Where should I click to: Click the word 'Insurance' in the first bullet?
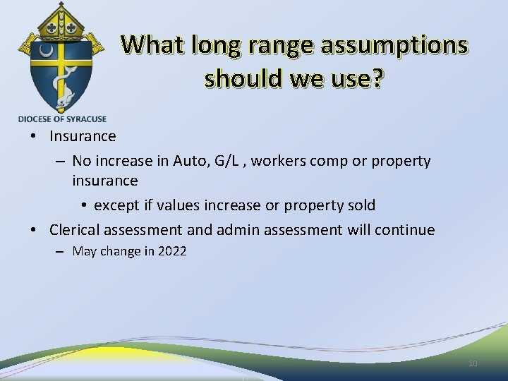(83, 135)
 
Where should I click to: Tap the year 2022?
(172, 251)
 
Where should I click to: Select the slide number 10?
(472, 363)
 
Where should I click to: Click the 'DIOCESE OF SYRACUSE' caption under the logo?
(62, 119)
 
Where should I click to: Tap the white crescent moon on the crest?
(46, 52)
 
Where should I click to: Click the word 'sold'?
(361, 205)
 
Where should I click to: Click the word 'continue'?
(406, 230)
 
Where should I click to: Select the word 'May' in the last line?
(85, 251)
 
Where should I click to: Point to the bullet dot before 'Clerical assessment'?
(33, 230)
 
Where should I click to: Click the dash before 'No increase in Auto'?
(60, 161)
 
